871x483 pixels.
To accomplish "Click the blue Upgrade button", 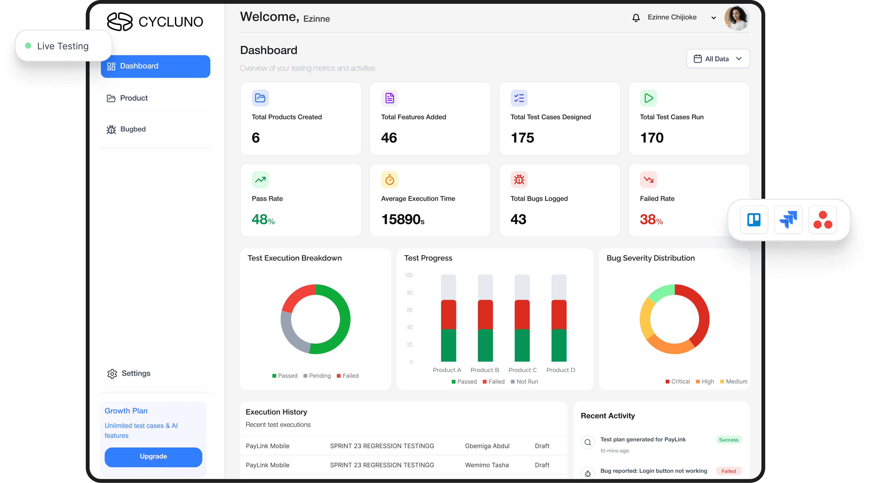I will [153, 456].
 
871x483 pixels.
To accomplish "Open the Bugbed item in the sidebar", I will [133, 129].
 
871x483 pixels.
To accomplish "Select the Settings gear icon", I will [112, 374].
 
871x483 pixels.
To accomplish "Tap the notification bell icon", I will [636, 18].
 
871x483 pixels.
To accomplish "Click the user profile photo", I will [737, 18].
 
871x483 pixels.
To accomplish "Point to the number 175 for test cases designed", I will [522, 138].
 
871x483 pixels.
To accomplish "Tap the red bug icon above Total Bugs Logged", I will [519, 180].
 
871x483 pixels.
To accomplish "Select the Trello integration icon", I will [754, 220].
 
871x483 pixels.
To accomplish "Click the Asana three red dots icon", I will [822, 220].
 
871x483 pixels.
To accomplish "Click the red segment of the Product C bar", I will [522, 314].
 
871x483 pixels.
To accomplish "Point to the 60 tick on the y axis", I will [409, 310].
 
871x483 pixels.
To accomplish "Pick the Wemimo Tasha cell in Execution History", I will [487, 465].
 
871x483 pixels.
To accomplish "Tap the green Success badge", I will [728, 440].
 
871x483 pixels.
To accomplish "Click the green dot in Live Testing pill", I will [28, 46].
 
